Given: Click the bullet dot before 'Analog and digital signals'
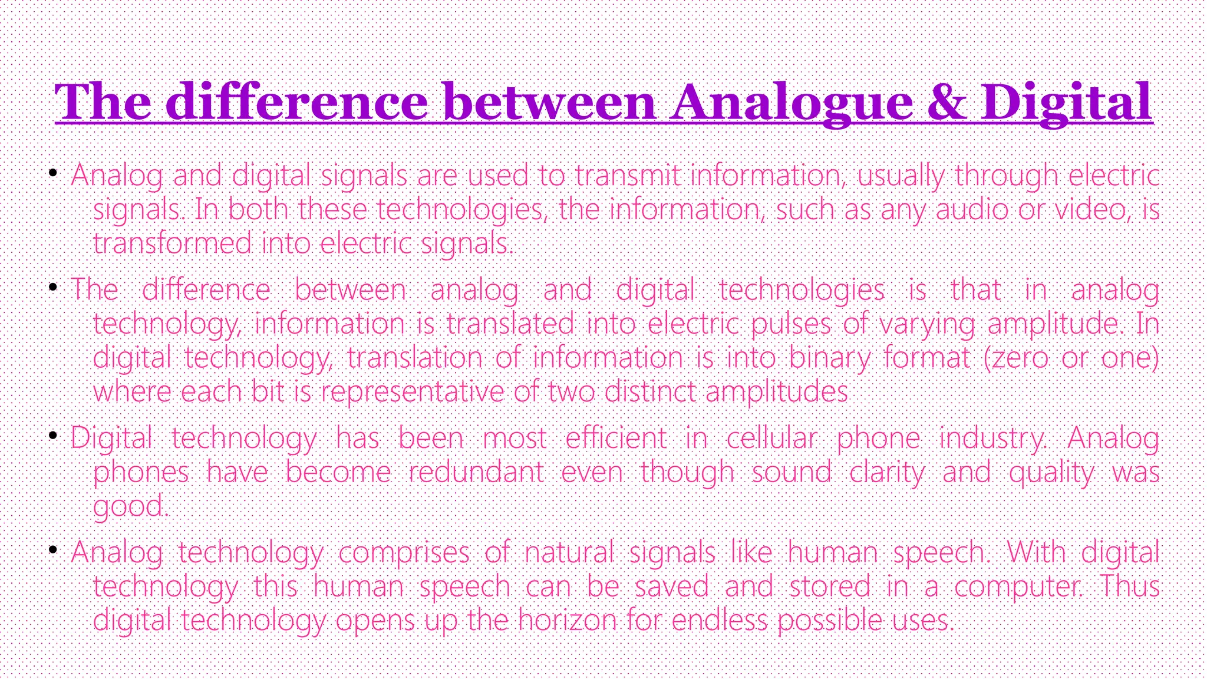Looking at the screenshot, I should pos(53,173).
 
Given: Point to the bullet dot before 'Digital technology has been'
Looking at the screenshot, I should pos(53,436).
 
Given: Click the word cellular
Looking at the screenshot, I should pos(771,438).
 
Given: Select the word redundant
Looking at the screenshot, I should pos(476,472).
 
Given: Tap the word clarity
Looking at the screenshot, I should pos(887,472).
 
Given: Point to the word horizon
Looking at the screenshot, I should pos(567,620).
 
